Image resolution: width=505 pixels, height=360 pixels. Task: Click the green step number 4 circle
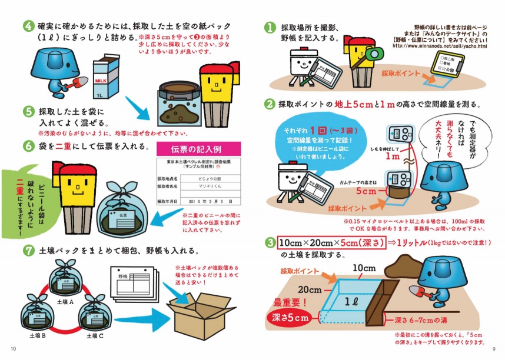point(28,27)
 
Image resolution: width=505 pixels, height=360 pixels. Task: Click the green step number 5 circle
point(28,111)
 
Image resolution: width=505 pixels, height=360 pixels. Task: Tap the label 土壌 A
point(65,301)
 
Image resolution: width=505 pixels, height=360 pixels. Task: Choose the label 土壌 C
point(97,336)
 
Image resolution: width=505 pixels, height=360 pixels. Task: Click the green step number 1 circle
point(270,27)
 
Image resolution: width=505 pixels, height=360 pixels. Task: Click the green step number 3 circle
point(270,242)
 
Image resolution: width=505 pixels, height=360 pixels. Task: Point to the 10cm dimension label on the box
point(364,268)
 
